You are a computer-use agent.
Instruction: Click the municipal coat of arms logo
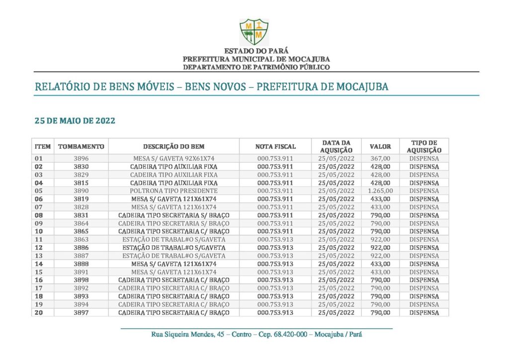(x=254, y=32)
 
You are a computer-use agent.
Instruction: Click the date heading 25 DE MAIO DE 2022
(x=75, y=121)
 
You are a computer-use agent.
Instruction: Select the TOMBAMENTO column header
(x=81, y=147)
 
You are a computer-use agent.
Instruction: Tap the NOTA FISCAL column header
(x=275, y=147)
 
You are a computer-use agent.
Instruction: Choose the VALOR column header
(x=380, y=147)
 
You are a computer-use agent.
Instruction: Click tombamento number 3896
(x=81, y=159)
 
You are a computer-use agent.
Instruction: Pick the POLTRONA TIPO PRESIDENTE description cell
(x=174, y=191)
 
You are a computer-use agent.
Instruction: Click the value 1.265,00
(x=380, y=191)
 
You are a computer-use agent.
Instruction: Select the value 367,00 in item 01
(x=380, y=159)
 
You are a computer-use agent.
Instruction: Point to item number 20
(x=39, y=312)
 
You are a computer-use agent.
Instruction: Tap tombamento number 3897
(x=81, y=312)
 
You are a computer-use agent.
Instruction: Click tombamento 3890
(x=81, y=191)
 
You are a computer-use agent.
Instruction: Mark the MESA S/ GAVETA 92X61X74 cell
(x=174, y=159)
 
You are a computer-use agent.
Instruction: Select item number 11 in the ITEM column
(x=39, y=240)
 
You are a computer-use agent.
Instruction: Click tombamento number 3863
(x=81, y=240)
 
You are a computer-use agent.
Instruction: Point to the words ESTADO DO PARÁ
(x=256, y=51)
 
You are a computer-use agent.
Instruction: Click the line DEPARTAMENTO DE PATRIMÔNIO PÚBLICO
(x=256, y=67)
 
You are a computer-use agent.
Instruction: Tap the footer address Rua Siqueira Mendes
(x=256, y=335)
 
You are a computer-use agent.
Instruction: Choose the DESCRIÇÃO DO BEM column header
(x=174, y=147)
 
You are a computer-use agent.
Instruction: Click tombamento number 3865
(x=81, y=231)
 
